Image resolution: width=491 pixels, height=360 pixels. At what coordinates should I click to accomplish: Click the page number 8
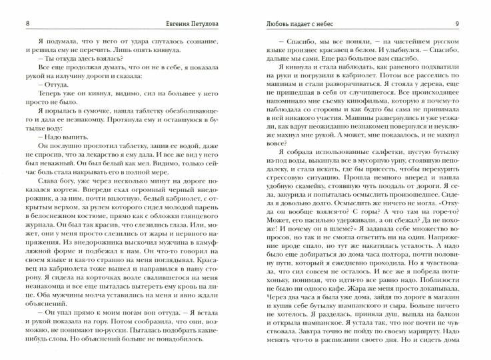(8, 7)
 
